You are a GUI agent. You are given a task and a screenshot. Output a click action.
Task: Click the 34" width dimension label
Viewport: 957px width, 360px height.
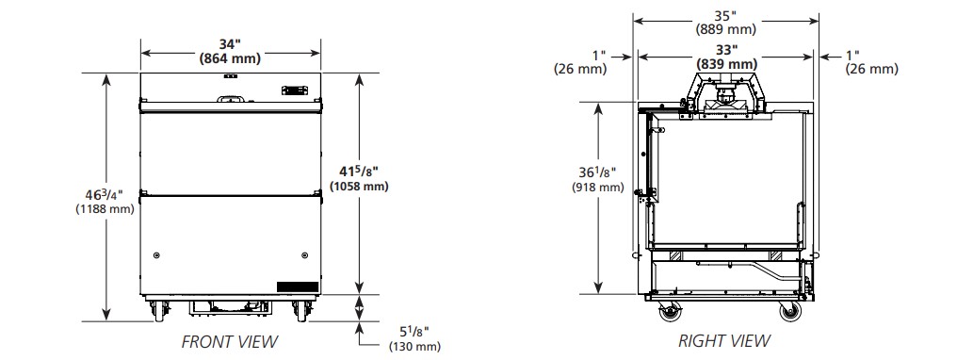coord(230,44)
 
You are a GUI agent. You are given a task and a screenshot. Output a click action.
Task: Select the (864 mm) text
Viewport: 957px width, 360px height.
coord(230,58)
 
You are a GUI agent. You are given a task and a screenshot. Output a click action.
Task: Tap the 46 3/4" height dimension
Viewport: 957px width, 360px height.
coord(105,195)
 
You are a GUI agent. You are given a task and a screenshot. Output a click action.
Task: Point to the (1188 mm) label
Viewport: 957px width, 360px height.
coord(105,209)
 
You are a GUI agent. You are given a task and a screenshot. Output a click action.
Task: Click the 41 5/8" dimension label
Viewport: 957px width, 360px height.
coord(359,172)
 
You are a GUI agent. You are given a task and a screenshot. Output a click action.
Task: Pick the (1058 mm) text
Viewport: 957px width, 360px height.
coord(359,186)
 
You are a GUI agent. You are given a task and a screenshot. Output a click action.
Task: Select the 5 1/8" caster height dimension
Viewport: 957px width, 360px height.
coord(414,333)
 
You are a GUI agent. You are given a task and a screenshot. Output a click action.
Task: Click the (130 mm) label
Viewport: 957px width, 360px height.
coord(414,347)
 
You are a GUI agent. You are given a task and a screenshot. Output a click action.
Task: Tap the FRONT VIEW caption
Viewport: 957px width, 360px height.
coord(230,342)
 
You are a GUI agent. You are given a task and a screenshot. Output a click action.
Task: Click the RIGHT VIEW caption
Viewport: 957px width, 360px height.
coord(724,340)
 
